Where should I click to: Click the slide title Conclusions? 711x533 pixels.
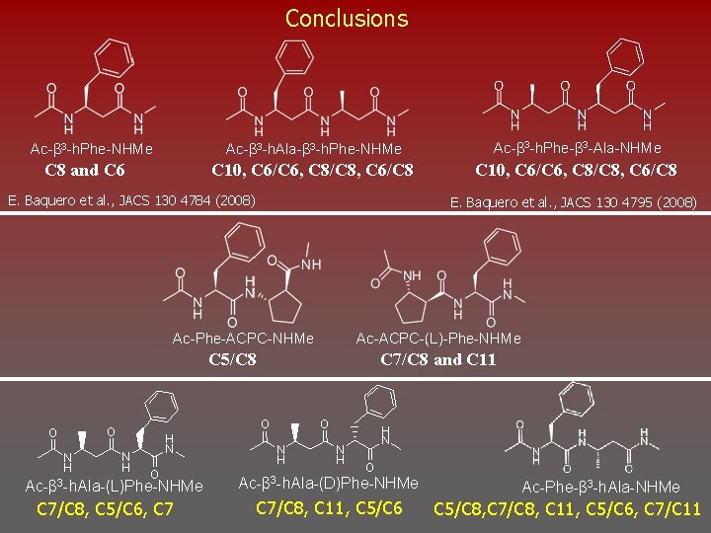(x=346, y=18)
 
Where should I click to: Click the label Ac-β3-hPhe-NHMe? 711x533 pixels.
(x=92, y=149)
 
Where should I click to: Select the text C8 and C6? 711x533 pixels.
(x=86, y=170)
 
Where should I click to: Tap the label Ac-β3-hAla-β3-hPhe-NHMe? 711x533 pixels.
(x=314, y=149)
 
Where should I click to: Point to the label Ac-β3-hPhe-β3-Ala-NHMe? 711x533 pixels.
(x=577, y=148)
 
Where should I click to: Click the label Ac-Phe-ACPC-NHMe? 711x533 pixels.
(x=243, y=339)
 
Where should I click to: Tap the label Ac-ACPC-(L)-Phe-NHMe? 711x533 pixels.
(x=437, y=339)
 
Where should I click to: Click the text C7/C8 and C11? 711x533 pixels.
(x=437, y=359)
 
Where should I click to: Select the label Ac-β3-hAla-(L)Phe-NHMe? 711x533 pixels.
(x=114, y=487)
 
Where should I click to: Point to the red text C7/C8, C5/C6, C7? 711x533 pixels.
(x=106, y=509)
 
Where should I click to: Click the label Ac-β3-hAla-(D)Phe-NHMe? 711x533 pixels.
(x=329, y=483)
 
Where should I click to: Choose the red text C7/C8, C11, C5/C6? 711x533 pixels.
(x=329, y=507)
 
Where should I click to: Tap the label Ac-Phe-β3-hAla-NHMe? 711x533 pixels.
(x=600, y=488)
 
